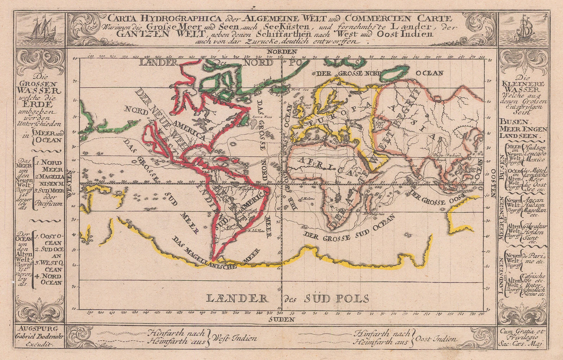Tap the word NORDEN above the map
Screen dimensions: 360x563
pos(280,52)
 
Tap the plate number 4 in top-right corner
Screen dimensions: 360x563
pos(545,16)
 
